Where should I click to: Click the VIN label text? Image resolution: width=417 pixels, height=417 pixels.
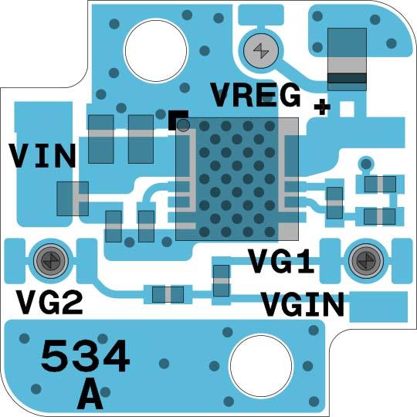42,157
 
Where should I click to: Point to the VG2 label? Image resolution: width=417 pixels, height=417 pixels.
49,301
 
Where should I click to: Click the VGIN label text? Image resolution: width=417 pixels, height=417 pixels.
302,305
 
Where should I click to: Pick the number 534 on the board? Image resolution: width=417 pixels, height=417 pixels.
85,357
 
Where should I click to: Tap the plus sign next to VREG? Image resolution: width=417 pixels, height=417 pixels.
322,107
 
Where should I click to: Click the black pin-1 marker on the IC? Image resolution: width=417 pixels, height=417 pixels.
178,120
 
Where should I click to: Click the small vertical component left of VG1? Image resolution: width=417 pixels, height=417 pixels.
222,280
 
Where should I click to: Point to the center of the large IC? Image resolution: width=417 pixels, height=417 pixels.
237,178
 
